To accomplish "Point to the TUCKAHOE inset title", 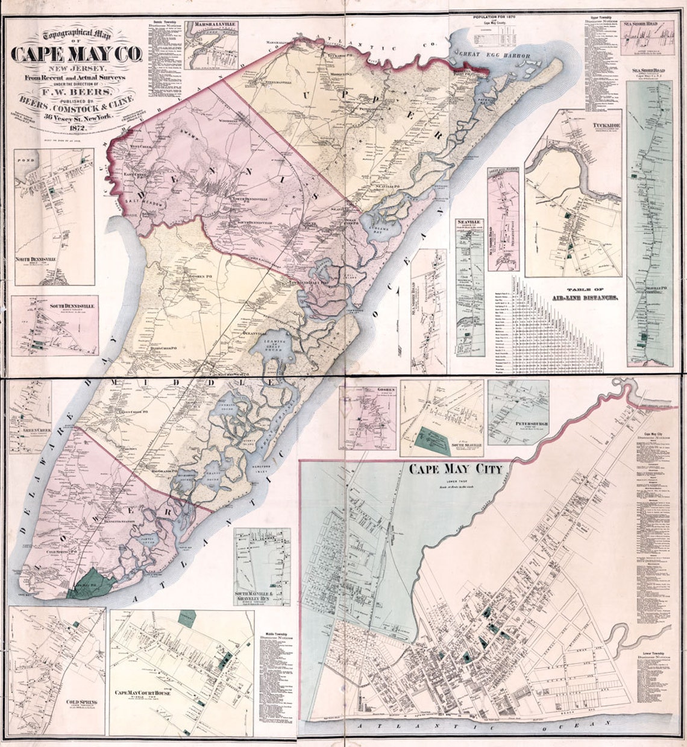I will pos(607,127).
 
